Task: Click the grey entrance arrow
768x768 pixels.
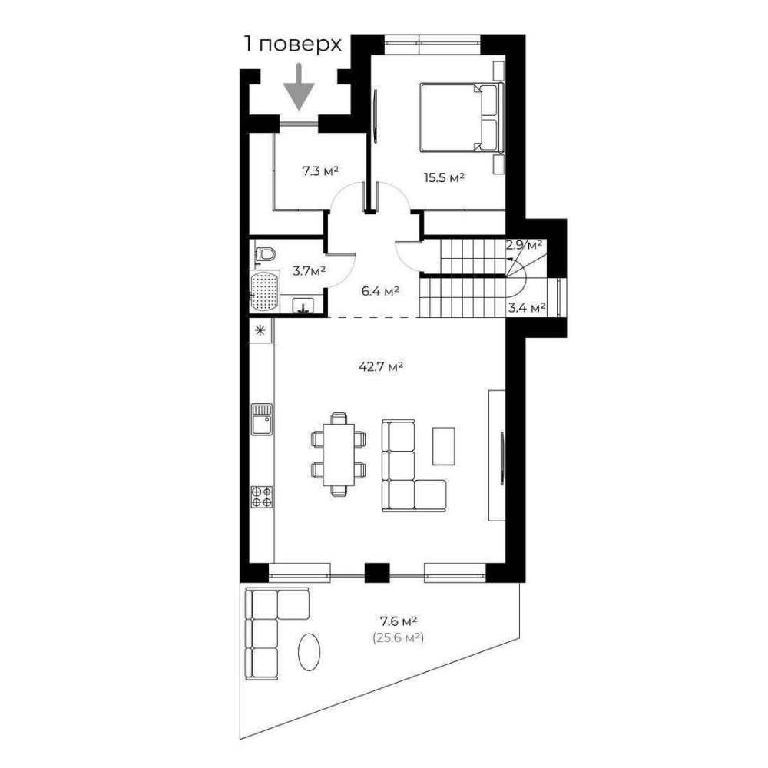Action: pyautogui.click(x=298, y=87)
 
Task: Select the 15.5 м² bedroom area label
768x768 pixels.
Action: pyautogui.click(x=444, y=177)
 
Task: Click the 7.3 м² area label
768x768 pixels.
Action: pyautogui.click(x=320, y=171)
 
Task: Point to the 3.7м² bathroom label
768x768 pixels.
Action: pyautogui.click(x=309, y=270)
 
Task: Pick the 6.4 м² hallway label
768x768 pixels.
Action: pyautogui.click(x=380, y=291)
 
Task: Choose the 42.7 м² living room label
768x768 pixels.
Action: pyautogui.click(x=381, y=366)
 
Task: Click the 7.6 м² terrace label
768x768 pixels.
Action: pyautogui.click(x=399, y=621)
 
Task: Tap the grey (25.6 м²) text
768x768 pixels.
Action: pyautogui.click(x=398, y=637)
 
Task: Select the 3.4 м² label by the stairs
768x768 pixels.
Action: pyautogui.click(x=527, y=308)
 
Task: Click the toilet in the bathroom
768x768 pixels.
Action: pyautogui.click(x=266, y=254)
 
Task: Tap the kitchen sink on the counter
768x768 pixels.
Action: pyautogui.click(x=262, y=419)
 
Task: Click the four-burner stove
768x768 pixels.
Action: pyautogui.click(x=262, y=497)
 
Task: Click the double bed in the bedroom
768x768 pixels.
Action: pyautogui.click(x=462, y=117)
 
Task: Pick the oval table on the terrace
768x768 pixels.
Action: pyautogui.click(x=310, y=652)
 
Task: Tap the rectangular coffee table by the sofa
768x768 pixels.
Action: pyautogui.click(x=444, y=445)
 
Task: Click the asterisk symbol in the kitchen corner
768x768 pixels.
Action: pyautogui.click(x=260, y=330)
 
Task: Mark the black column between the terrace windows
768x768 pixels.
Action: pyautogui.click(x=377, y=573)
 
